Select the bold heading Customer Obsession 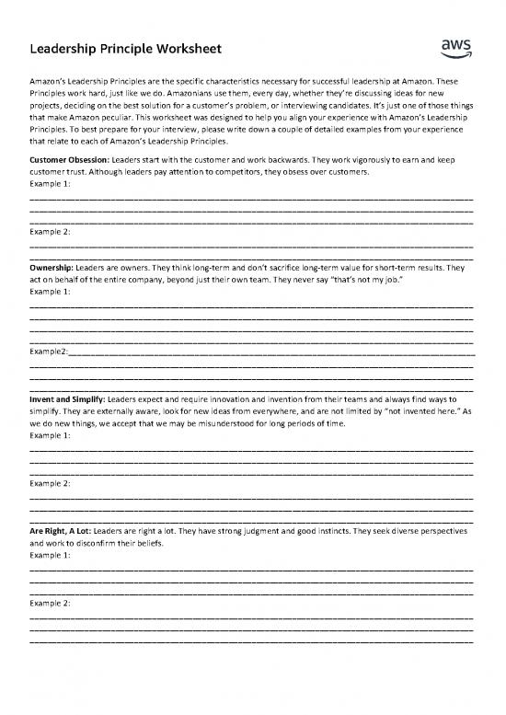[67, 159]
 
